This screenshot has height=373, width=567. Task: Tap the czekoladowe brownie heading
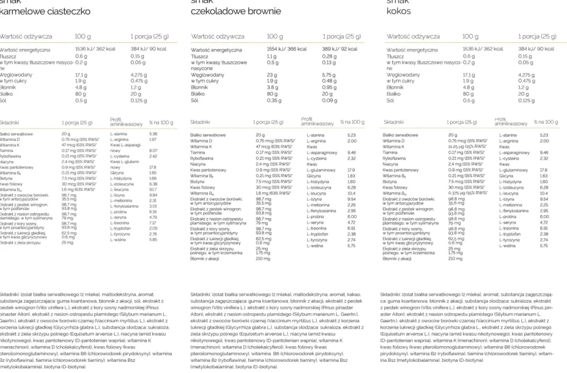coord(236,11)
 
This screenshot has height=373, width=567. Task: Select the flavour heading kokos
coord(399,11)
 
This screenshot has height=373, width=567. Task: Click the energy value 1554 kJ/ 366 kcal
coord(286,49)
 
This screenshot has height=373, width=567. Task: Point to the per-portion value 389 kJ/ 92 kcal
coord(340,49)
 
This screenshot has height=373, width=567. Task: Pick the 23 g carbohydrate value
coord(272,75)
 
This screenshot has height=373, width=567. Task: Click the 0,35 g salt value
coord(275,100)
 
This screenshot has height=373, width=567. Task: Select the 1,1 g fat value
coord(272,56)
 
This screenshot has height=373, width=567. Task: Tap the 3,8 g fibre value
coord(273,87)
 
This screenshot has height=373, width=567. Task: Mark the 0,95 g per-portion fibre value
coord(329,87)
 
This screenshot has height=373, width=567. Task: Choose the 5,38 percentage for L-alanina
coord(153,134)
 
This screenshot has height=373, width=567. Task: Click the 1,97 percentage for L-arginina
coord(153,140)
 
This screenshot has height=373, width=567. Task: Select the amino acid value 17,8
coord(153,167)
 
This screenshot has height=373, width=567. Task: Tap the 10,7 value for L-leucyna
coord(153,189)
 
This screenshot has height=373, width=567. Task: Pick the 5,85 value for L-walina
coord(153,239)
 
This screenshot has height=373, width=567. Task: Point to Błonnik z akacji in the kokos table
coord(397,258)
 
